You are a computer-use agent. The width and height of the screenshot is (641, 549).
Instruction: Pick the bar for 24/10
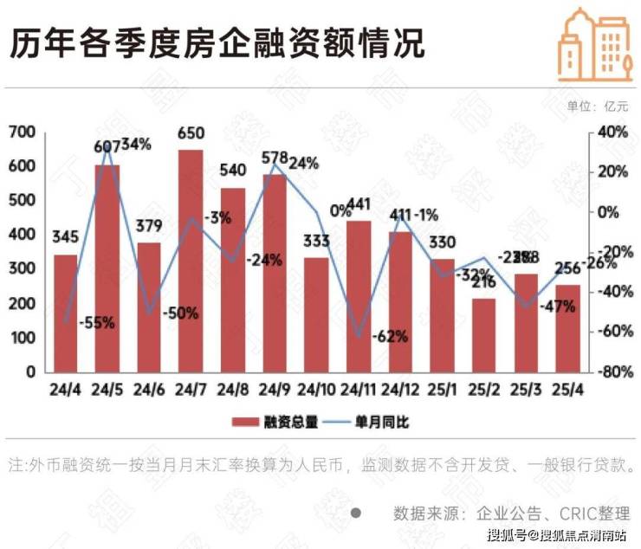(x=316, y=315)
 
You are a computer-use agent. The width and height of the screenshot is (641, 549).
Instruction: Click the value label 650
(x=191, y=133)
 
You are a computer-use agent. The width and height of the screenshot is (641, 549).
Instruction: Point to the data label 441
(x=359, y=204)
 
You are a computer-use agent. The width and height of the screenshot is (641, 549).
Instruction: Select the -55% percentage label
(x=96, y=323)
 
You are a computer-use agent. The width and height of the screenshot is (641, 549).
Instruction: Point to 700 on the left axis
(x=23, y=132)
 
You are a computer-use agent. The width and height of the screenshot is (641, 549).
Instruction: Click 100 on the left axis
(x=23, y=337)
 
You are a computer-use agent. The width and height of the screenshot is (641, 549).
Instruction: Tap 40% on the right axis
(x=611, y=132)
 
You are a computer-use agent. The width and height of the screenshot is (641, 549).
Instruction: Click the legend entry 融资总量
(x=275, y=423)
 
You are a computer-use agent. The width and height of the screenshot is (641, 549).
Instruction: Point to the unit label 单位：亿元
(x=597, y=107)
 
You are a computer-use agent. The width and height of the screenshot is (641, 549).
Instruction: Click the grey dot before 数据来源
(x=355, y=512)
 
